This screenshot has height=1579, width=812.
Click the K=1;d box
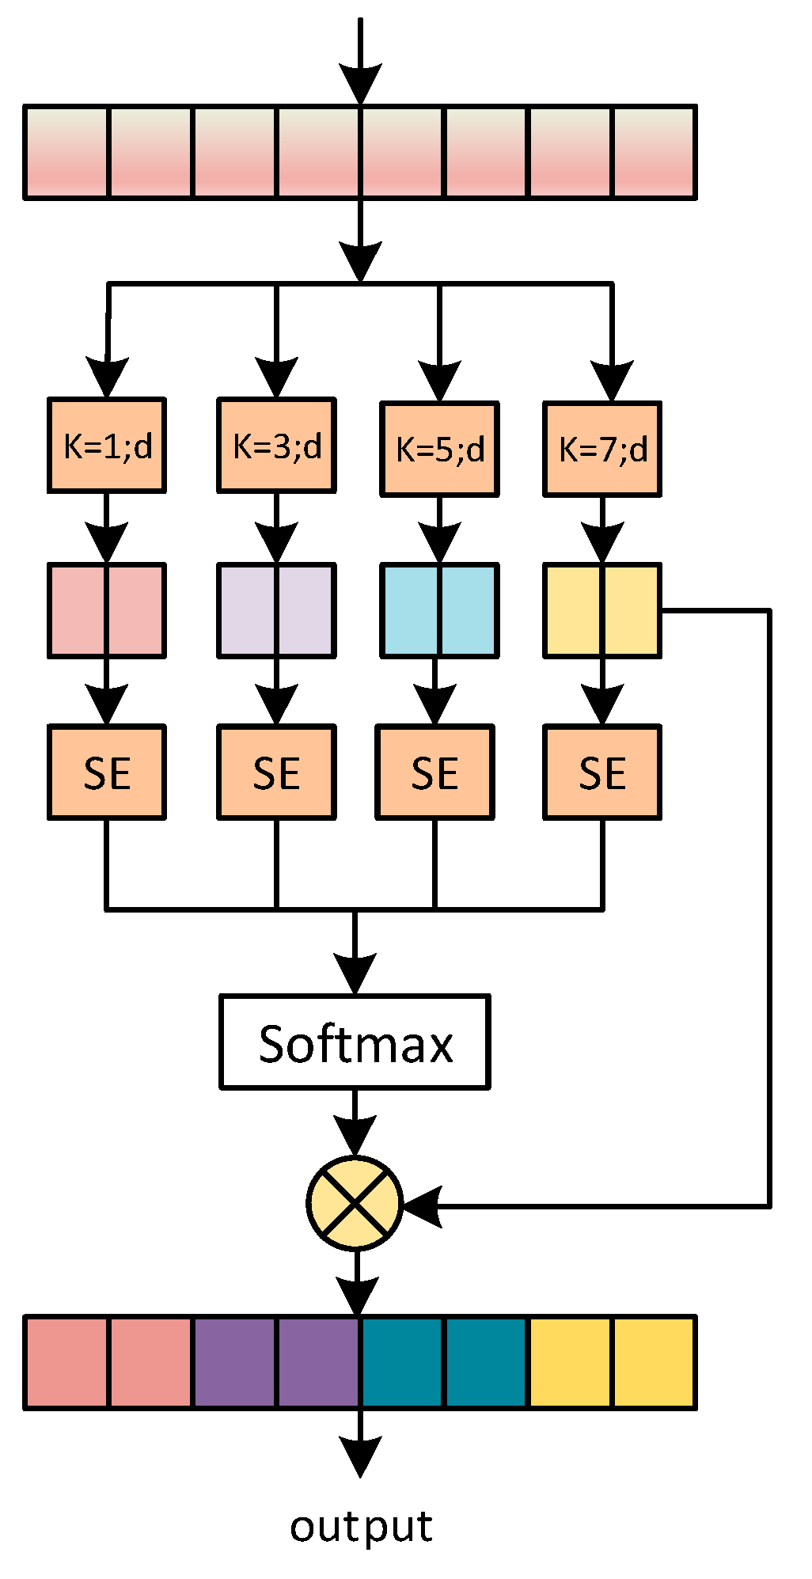coord(107,446)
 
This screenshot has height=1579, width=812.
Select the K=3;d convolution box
coord(276,446)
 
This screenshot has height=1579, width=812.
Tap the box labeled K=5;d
coord(439,449)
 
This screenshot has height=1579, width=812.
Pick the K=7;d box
coord(602,449)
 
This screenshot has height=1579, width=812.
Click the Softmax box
coord(355,1042)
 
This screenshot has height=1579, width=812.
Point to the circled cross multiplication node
coord(355,1204)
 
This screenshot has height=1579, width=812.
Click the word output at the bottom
coord(361,1527)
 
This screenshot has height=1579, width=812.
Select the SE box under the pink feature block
coord(107,772)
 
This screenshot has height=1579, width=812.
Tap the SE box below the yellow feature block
coord(602,772)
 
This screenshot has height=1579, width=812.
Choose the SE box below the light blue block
coord(434,772)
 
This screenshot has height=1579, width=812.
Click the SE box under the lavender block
coord(276,772)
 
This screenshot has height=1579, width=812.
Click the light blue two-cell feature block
coord(439,610)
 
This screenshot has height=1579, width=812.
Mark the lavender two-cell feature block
coord(276,610)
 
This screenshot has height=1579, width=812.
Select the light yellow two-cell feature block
coord(602,610)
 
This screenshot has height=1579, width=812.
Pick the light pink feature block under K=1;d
coord(107,610)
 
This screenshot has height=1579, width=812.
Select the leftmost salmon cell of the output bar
coord(67,1363)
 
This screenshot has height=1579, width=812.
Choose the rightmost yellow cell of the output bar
coord(654,1363)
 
